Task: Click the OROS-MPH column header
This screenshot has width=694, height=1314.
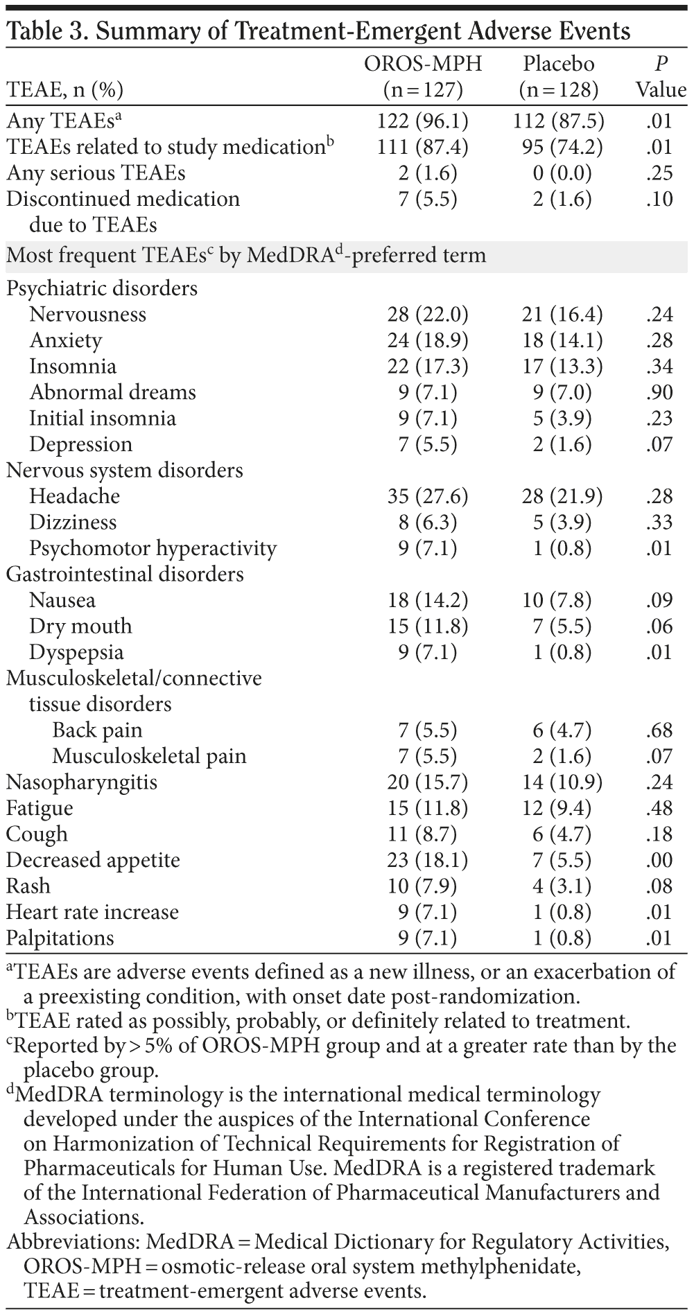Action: (423, 76)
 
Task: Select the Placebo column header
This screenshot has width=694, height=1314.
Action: (559, 76)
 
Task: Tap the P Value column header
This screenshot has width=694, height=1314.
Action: (661, 76)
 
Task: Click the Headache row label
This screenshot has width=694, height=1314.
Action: (74, 496)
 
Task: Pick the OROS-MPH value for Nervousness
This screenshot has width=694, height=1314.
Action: (428, 315)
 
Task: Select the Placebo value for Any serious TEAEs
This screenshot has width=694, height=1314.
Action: (562, 173)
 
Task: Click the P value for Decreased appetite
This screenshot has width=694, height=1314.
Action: (658, 860)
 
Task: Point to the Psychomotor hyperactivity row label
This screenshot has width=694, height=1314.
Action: (153, 548)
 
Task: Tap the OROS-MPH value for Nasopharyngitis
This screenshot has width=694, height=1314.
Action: (428, 782)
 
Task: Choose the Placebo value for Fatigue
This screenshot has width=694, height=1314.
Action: (562, 808)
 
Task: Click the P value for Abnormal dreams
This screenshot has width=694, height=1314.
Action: (658, 392)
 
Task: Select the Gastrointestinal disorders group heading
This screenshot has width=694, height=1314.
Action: (125, 575)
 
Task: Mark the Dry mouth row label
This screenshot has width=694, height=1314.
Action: (80, 627)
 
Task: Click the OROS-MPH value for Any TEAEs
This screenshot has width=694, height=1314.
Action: (423, 121)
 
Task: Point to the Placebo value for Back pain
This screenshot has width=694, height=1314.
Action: (562, 730)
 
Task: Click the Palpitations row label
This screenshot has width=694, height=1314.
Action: (60, 938)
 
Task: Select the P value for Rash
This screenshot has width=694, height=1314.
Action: (658, 886)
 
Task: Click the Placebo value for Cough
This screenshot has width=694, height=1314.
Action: (562, 834)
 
